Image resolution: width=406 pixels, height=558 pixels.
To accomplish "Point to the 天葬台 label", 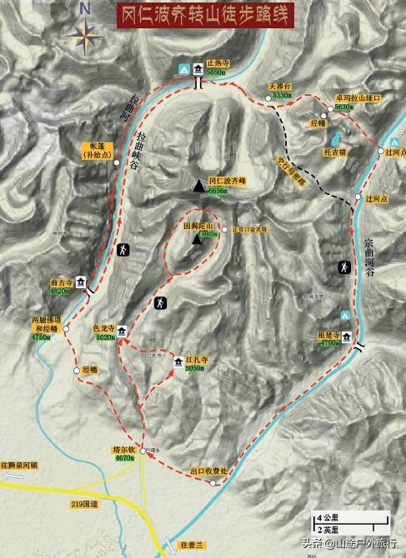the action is [279, 86].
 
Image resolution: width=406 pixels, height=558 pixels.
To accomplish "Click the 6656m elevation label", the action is [219, 191].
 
